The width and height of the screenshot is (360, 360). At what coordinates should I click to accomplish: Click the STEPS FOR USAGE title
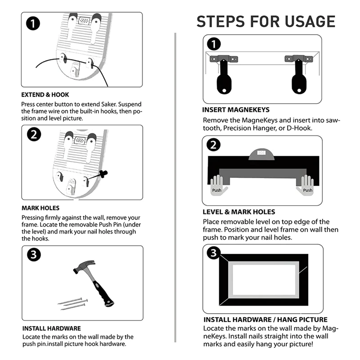266,21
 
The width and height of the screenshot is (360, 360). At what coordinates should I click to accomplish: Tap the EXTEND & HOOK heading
45,95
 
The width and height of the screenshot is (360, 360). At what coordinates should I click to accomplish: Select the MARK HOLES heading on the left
40,208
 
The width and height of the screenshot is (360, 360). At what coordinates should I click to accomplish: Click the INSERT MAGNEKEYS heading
236,110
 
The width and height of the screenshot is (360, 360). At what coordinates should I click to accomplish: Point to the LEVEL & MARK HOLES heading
239,211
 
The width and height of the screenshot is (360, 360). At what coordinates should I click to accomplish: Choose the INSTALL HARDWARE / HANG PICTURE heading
265,319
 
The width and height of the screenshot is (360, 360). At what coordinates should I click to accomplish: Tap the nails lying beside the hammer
72,303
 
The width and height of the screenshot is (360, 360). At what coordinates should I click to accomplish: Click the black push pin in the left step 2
103,174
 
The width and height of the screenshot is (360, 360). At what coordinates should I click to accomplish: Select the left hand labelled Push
218,185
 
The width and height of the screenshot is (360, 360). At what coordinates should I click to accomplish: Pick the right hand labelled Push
306,185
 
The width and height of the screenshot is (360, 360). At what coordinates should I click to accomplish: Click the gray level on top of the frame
261,154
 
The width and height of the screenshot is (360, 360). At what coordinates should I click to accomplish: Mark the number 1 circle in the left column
33,23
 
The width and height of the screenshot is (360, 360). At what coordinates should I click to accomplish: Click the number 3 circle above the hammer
34,255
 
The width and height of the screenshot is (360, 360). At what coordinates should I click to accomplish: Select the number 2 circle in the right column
213,145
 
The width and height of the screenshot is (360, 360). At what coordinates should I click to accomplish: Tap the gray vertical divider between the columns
175,188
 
